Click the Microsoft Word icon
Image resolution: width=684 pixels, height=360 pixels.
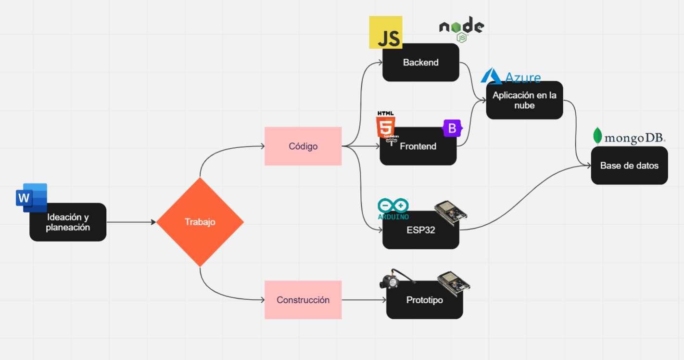31,198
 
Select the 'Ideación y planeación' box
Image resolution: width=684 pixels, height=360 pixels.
68,223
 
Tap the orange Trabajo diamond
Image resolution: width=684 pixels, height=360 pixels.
200,222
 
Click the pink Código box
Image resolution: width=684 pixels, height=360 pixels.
303,146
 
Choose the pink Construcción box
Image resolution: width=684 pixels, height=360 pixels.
303,300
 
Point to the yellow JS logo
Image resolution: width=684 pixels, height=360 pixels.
385,33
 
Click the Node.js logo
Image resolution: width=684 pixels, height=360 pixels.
461,29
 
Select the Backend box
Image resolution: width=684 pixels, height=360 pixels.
421,63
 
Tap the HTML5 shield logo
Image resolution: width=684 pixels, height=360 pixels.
386,126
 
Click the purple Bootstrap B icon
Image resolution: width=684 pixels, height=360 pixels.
452,128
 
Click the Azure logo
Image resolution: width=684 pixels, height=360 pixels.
511,76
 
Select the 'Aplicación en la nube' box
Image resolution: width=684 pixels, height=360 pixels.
524,100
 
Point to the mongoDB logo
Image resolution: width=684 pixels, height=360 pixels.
629,137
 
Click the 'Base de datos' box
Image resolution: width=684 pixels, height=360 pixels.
629,166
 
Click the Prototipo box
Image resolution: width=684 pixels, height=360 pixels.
424,300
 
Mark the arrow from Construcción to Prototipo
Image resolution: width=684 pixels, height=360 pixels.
364,300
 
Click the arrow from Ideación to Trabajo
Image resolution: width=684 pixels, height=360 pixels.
131,222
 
